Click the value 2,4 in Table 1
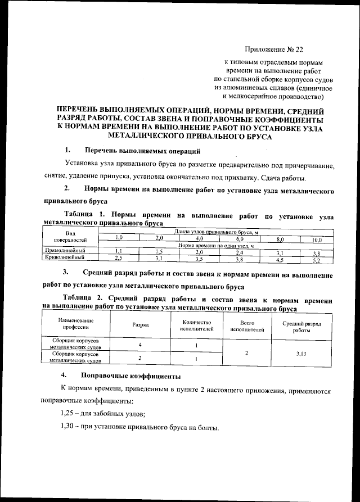click(x=239, y=252)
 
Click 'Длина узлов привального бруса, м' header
click(x=216, y=232)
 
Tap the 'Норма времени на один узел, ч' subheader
click(x=216, y=245)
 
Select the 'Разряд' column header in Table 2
click(x=140, y=325)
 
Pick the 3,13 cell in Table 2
click(x=305, y=354)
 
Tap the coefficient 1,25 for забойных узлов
click(x=68, y=414)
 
